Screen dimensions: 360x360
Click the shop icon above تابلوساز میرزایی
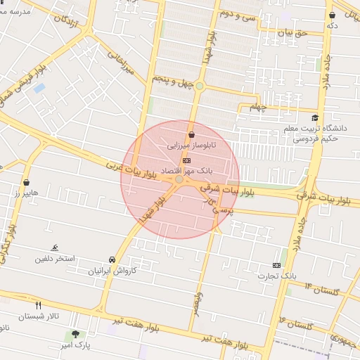pyautogui.click(x=191, y=135)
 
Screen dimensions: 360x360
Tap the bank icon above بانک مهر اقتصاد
pyautogui.click(x=186, y=160)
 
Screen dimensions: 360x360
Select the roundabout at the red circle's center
pyautogui.click(x=180, y=180)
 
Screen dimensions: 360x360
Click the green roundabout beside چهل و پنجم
pyautogui.click(x=200, y=86)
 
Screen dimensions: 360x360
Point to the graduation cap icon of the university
pyautogui.click(x=315, y=117)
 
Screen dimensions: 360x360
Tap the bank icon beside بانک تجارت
pyautogui.click(x=276, y=265)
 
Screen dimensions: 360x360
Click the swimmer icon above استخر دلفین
pyautogui.click(x=55, y=248)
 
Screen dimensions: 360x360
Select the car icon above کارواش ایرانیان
pyautogui.click(x=112, y=259)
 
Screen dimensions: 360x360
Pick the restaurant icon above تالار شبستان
pyautogui.click(x=39, y=305)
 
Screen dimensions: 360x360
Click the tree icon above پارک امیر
pyautogui.click(x=75, y=334)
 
